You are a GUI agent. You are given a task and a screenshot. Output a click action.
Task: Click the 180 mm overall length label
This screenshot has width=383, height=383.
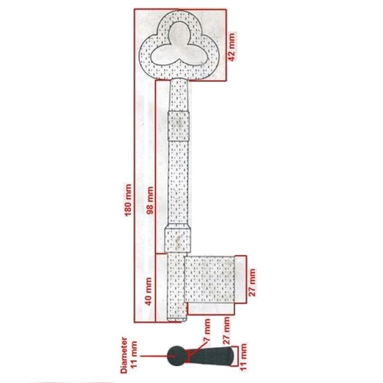tap(128, 200)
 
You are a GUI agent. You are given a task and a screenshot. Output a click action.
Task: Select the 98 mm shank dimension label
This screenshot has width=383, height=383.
tap(150, 200)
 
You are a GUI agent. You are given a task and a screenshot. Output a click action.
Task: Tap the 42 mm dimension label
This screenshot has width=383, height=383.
tap(231, 47)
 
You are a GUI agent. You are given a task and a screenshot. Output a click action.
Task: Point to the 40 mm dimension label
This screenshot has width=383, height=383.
tap(148, 292)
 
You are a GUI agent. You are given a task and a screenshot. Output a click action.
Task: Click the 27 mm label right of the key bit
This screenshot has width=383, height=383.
tap(252, 283)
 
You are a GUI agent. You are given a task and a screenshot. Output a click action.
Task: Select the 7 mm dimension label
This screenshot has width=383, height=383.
tap(207, 330)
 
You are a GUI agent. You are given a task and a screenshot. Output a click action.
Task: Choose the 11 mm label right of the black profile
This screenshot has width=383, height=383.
tap(243, 357)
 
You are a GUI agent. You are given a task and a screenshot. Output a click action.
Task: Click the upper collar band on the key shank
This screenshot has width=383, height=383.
tap(179, 126)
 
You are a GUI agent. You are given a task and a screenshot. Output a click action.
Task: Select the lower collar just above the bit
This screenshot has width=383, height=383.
tap(177, 240)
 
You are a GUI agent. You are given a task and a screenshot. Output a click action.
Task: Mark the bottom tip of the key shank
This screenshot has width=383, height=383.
tap(177, 321)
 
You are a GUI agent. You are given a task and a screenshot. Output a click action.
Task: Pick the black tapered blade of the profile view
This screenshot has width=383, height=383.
tap(211, 356)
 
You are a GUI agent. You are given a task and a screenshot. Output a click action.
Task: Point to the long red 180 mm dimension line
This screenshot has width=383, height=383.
tap(134, 166)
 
